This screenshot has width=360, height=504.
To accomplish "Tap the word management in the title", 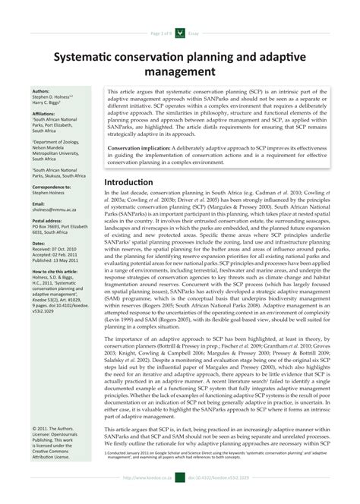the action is tap(179, 73).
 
